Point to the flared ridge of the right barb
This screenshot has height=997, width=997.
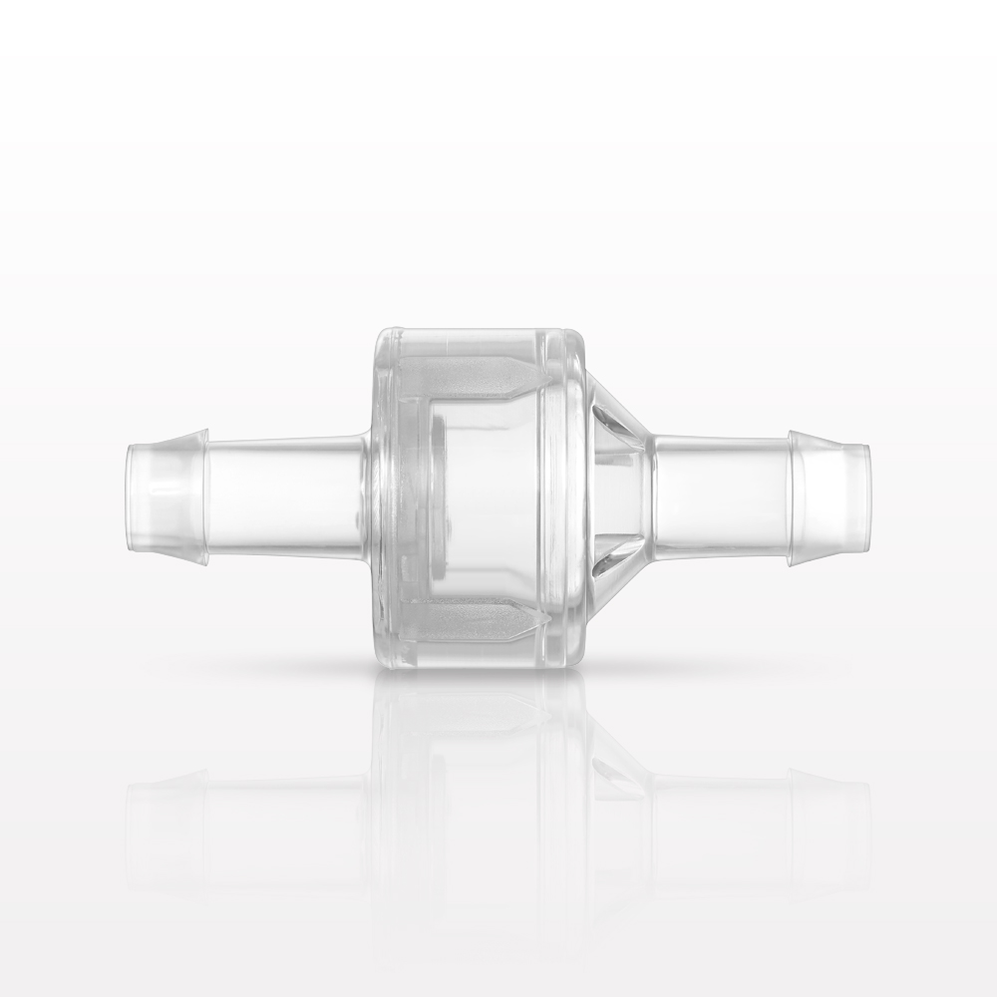pos(798,496)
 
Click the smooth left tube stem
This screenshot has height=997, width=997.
pos(284,496)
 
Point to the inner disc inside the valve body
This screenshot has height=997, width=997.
pos(439,496)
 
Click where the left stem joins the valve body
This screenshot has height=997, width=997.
pos(368,496)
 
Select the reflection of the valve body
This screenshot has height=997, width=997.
pos(479,778)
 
